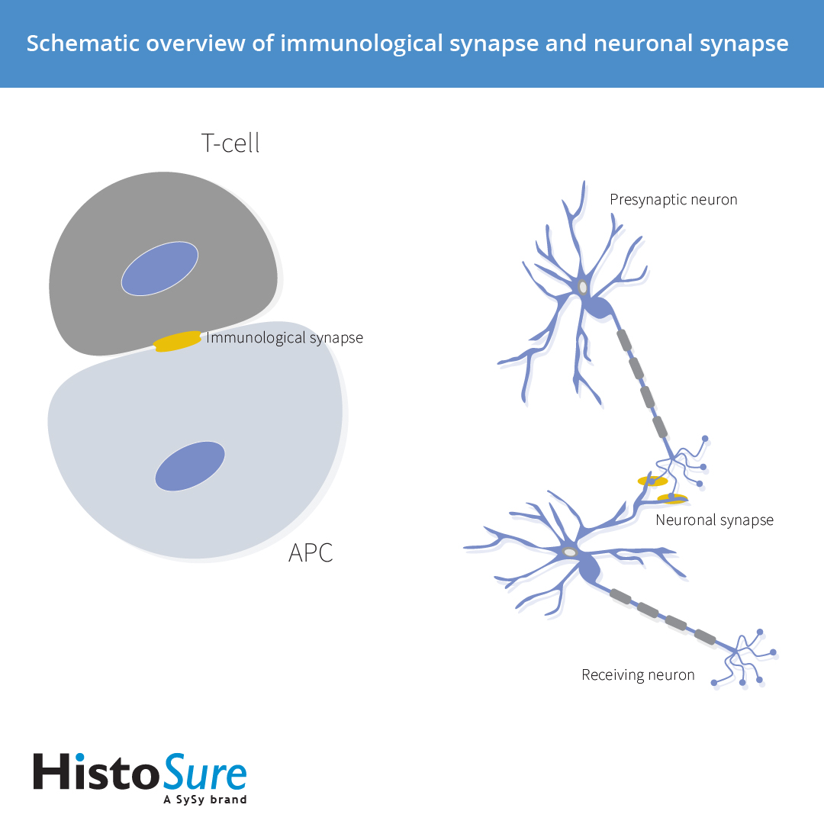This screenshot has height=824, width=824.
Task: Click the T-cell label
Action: point(230,143)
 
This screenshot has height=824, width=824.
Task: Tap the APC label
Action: point(311,552)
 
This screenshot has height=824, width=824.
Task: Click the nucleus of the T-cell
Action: point(159,268)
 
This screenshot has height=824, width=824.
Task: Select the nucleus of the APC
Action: point(190,465)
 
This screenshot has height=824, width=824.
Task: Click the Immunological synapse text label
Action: point(285,337)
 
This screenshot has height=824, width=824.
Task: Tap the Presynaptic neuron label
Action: point(674,200)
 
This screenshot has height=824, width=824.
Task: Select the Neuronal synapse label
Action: point(714,520)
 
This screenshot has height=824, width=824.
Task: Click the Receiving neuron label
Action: point(638,675)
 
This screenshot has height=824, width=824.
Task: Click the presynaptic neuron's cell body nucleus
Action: point(583,288)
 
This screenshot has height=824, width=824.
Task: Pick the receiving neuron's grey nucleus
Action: point(569,552)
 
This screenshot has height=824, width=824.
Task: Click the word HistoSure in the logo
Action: point(140,772)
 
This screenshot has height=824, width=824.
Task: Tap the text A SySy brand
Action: point(205,800)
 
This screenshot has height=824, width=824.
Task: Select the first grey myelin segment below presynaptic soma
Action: point(625,340)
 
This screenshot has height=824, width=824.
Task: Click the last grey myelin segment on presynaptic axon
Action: point(660,426)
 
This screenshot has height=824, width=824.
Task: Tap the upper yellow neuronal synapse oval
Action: point(652,481)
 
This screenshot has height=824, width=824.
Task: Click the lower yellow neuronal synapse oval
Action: point(672,499)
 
